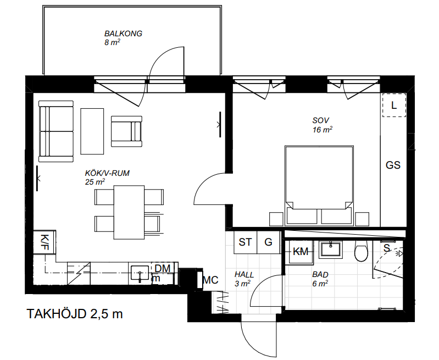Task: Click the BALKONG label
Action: pyautogui.click(x=123, y=34)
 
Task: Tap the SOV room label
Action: pyautogui.click(x=320, y=120)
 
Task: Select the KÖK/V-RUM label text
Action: pyautogui.click(x=107, y=173)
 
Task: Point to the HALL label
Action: pyautogui.click(x=244, y=274)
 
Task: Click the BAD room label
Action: pyautogui.click(x=320, y=274)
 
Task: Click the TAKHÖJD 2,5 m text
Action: pyautogui.click(x=75, y=314)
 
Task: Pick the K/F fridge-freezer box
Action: pyautogui.click(x=45, y=242)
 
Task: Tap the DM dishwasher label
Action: pyautogui.click(x=163, y=268)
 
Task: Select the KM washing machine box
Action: pyautogui.click(x=301, y=251)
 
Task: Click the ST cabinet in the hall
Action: pyautogui.click(x=245, y=242)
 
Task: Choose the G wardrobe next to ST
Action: pyautogui.click(x=268, y=242)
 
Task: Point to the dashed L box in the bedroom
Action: pyautogui.click(x=394, y=105)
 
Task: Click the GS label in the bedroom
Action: pyautogui.click(x=393, y=165)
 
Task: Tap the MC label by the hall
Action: pyautogui.click(x=210, y=280)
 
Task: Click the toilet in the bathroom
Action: pyautogui.click(x=360, y=251)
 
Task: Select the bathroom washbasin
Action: pyautogui.click(x=331, y=249)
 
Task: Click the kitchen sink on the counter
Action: pyautogui.click(x=140, y=273)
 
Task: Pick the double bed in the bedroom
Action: pyautogui.click(x=319, y=185)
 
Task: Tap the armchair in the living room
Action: pyautogui.click(x=126, y=131)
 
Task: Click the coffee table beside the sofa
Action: pyautogui.click(x=92, y=131)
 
